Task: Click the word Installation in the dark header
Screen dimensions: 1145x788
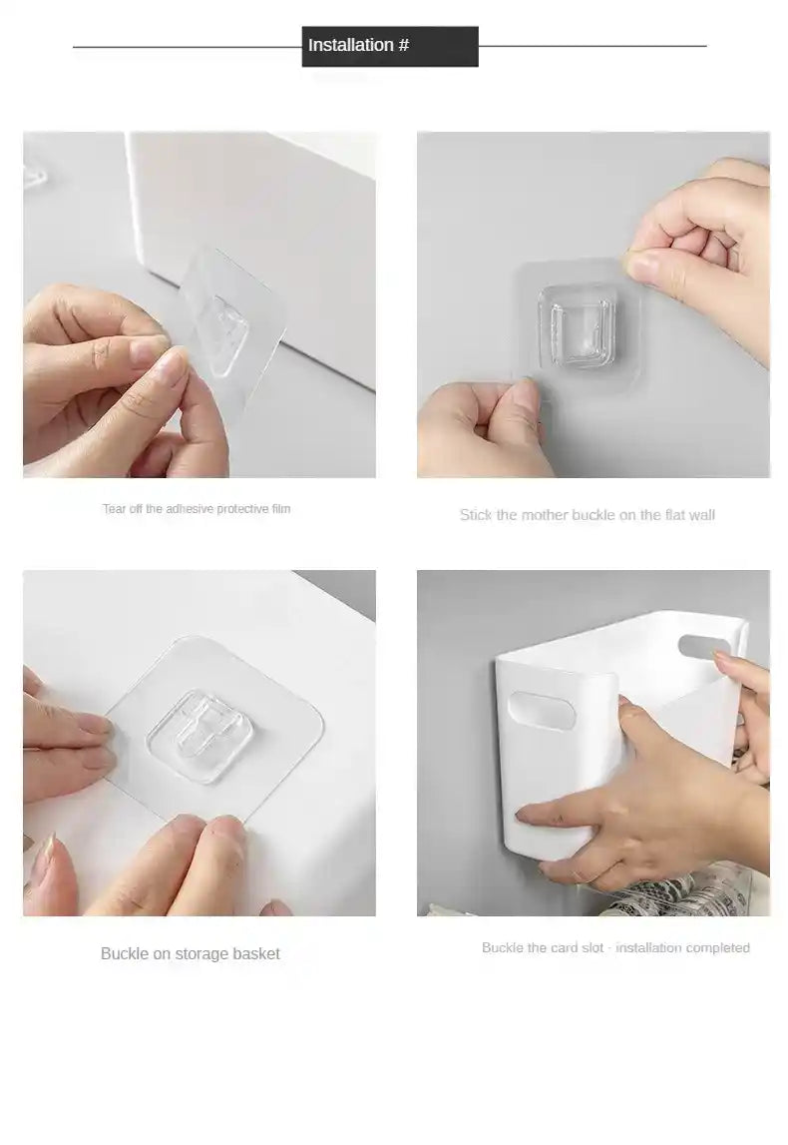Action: [350, 45]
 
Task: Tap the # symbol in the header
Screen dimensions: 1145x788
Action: [404, 45]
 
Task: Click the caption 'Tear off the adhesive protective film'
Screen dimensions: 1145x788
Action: [197, 509]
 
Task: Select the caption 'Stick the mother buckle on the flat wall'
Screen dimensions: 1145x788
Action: [587, 515]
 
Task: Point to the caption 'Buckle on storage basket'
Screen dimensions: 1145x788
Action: [190, 953]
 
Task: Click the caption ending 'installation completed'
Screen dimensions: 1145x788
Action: [615, 947]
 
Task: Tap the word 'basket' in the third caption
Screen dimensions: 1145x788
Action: [256, 953]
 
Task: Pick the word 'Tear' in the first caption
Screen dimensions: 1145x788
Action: [115, 509]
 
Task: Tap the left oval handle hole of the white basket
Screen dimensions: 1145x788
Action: [544, 713]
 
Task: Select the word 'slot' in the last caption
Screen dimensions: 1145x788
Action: [592, 947]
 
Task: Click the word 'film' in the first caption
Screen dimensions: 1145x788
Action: [280, 509]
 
